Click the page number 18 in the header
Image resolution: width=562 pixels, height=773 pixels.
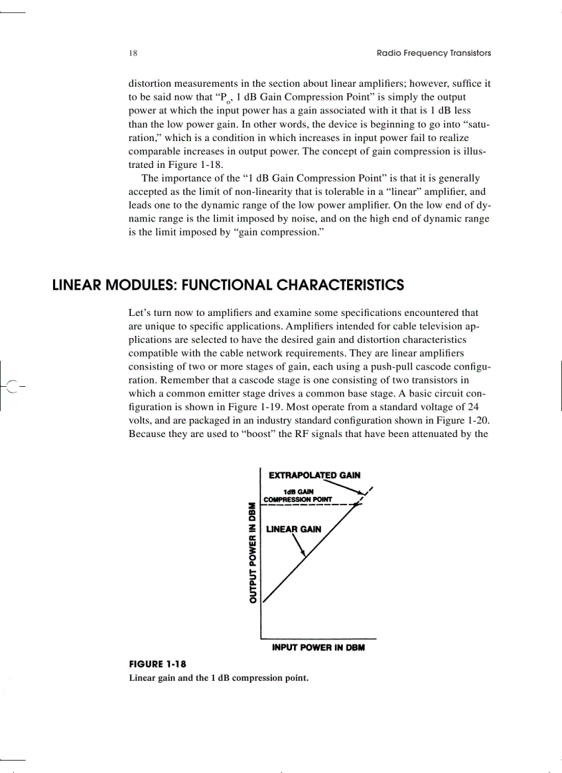coord(133,53)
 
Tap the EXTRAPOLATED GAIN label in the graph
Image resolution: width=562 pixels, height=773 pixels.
coord(314,475)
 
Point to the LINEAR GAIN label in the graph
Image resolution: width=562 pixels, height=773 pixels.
coord(293,529)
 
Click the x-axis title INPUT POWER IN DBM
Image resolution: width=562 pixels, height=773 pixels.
coord(318,648)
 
